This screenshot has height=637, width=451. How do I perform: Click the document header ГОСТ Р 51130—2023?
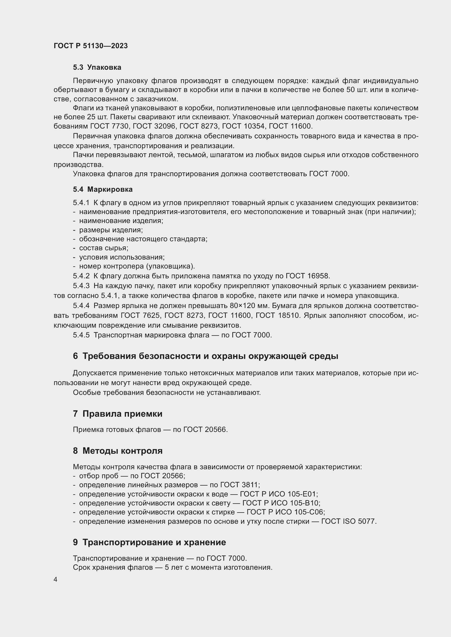coord(91,46)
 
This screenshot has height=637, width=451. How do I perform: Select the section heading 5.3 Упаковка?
coord(97,68)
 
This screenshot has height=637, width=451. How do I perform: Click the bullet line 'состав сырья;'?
coord(103,248)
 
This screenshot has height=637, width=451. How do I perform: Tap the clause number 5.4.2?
coord(81,276)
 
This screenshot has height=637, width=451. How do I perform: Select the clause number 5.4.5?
coord(81,335)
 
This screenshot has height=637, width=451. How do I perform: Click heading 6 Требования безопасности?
coord(206,356)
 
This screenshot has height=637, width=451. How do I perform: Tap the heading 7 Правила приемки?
coord(118,414)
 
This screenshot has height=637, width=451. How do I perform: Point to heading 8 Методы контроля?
coord(118,451)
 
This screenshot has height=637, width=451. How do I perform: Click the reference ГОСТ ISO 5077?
coord(348,521)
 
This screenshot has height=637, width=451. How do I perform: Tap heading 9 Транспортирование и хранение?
coord(149,542)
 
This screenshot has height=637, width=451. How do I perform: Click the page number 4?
coord(55,579)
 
